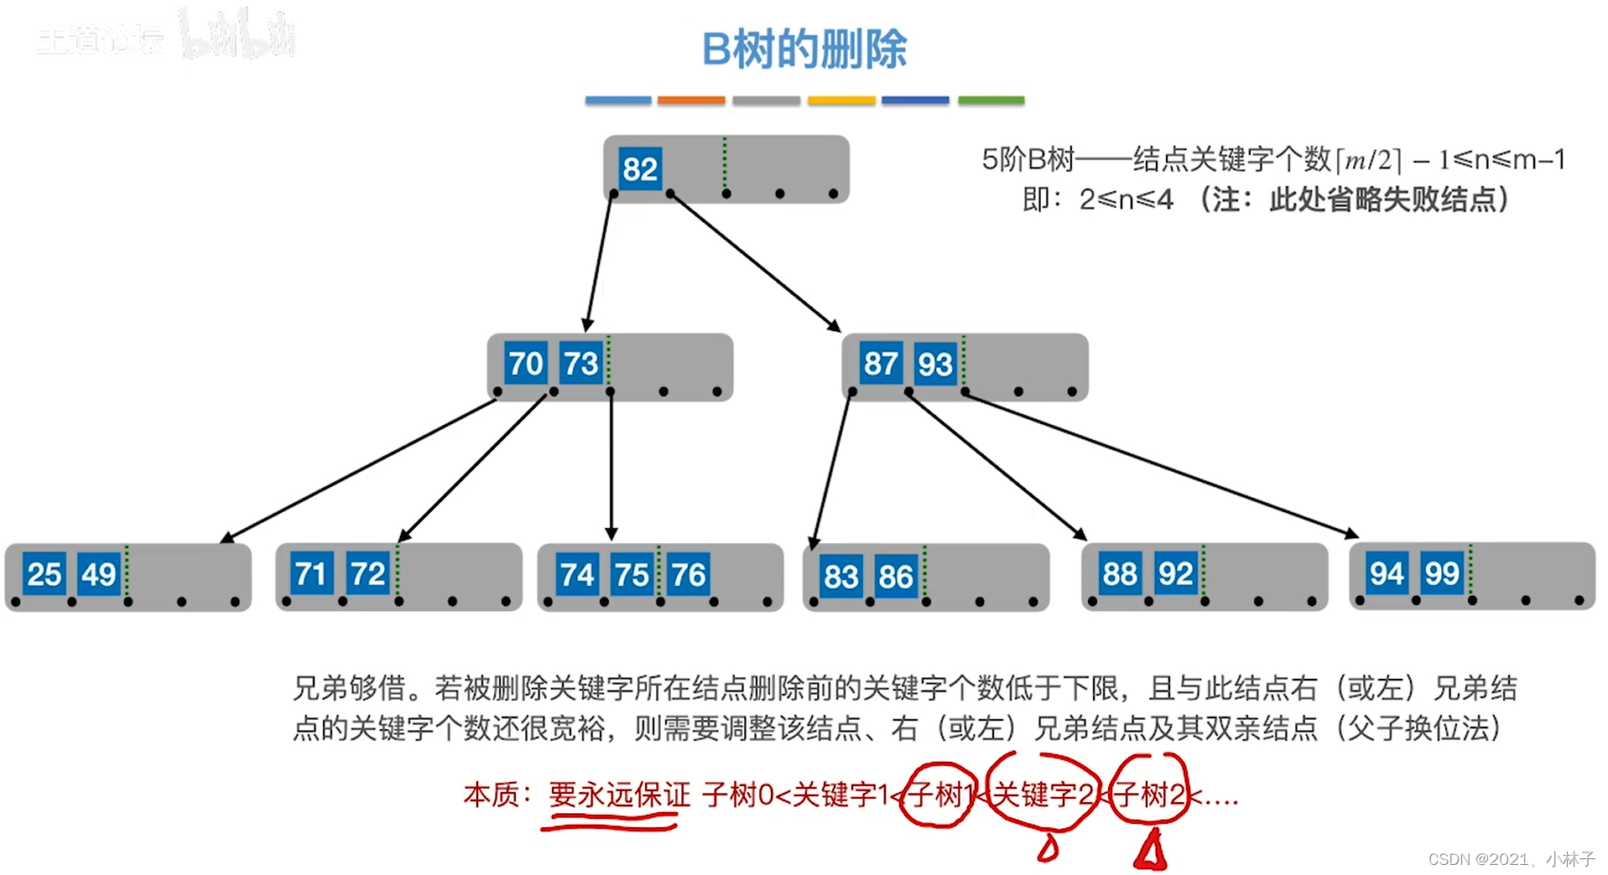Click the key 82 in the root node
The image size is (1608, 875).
[639, 169]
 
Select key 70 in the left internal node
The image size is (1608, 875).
[526, 364]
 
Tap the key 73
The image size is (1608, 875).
[580, 364]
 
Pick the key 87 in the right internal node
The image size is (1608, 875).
[881, 364]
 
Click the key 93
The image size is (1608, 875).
[934, 364]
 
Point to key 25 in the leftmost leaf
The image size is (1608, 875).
[44, 574]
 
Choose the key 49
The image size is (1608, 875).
[98, 574]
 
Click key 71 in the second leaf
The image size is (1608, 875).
[311, 574]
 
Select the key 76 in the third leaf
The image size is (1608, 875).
[688, 575]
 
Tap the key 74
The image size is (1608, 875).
[577, 575]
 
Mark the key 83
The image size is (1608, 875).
[840, 577]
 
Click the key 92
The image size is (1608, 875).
[1175, 574]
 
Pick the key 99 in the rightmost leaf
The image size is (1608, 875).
[1442, 573]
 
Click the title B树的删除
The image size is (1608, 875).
[804, 49]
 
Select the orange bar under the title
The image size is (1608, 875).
[690, 101]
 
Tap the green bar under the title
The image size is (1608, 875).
[991, 101]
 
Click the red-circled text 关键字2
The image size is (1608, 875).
[1043, 794]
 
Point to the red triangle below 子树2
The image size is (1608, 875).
[1150, 851]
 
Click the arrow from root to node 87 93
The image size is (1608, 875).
[755, 261]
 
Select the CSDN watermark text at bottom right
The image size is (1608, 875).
[1511, 859]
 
